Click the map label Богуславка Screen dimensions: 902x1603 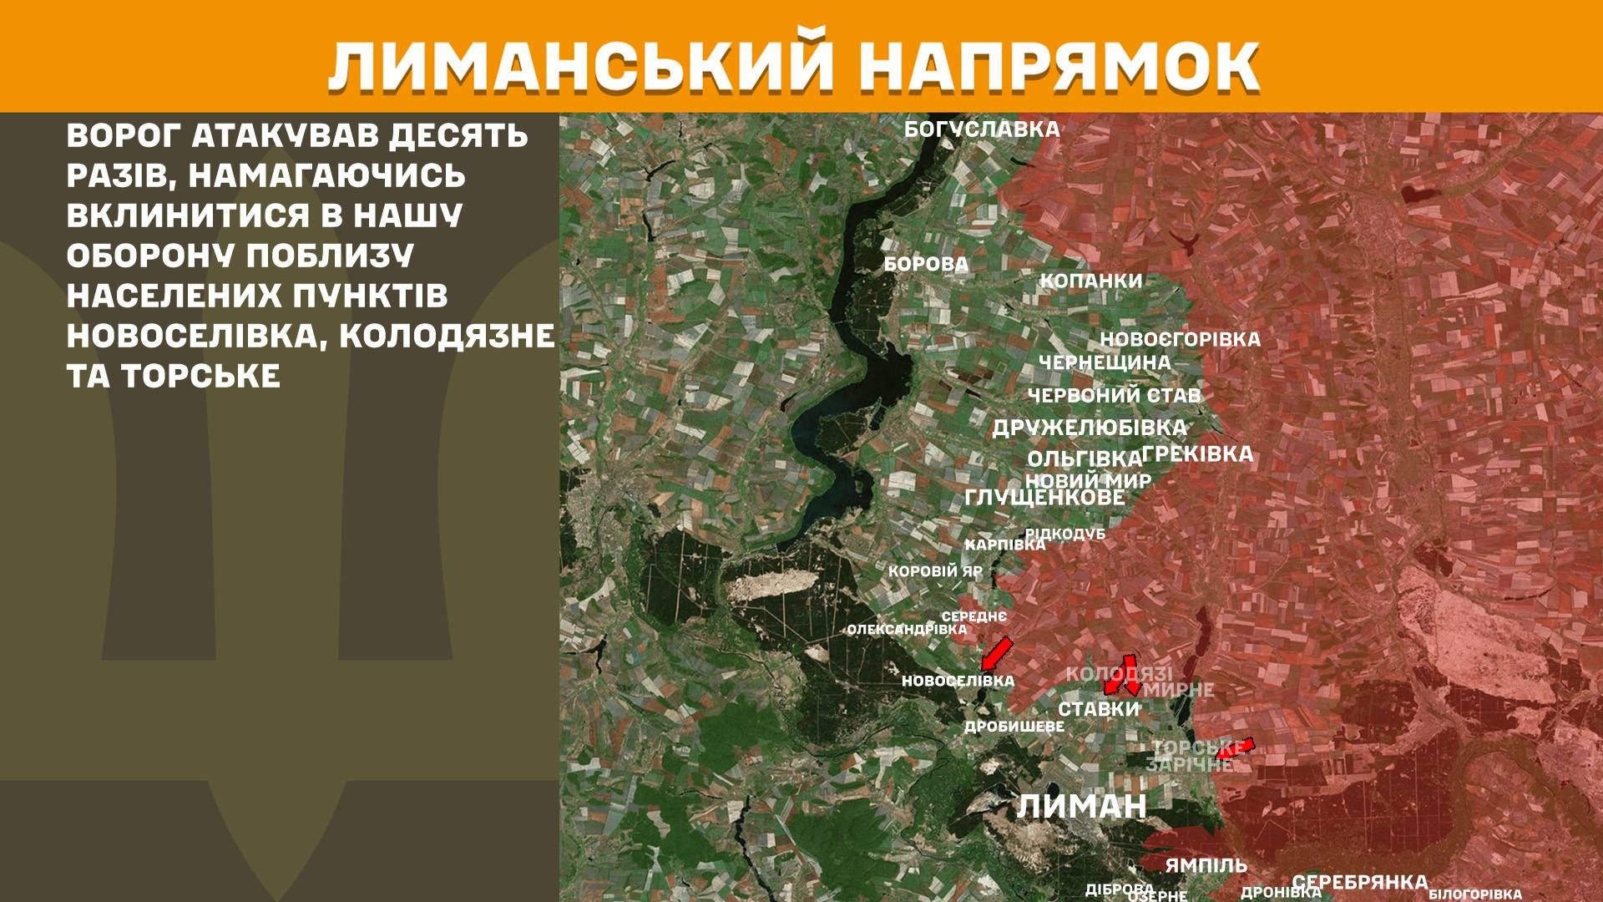click(x=982, y=129)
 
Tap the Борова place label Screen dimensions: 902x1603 click(x=926, y=265)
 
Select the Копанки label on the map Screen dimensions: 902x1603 click(x=1090, y=281)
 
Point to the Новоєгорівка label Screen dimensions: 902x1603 click(x=1180, y=340)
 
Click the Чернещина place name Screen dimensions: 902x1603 click(x=1105, y=362)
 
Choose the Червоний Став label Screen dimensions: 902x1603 click(x=1114, y=395)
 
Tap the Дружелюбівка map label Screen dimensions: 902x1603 click(x=1089, y=428)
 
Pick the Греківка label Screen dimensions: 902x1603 click(x=1197, y=454)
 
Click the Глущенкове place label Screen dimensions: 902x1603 click(x=1044, y=498)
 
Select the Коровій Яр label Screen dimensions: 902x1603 click(x=935, y=572)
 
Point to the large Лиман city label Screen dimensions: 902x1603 click(x=1082, y=807)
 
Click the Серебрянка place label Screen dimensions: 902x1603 click(x=1360, y=882)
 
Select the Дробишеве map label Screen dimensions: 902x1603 click(x=1014, y=727)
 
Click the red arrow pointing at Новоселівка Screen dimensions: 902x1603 click(x=996, y=653)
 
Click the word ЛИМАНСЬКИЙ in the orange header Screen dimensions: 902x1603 click(x=580, y=63)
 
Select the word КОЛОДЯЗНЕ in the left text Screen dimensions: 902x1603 click(x=448, y=336)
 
